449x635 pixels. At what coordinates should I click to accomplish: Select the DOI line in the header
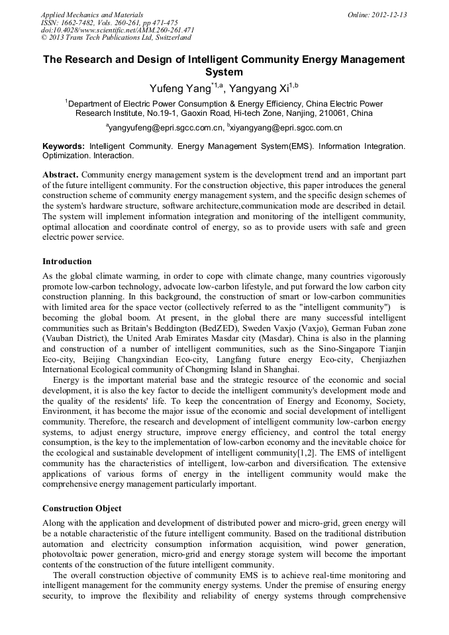[x=117, y=30]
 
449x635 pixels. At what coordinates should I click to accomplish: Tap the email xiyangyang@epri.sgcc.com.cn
[x=286, y=128]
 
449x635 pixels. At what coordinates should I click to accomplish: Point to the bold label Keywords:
[x=64, y=146]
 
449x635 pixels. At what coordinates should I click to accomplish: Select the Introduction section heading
[x=67, y=262]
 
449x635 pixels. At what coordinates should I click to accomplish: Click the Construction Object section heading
[x=82, y=509]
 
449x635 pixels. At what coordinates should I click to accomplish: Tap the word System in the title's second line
[x=224, y=72]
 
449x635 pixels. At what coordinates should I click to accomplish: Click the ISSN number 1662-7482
[x=77, y=23]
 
